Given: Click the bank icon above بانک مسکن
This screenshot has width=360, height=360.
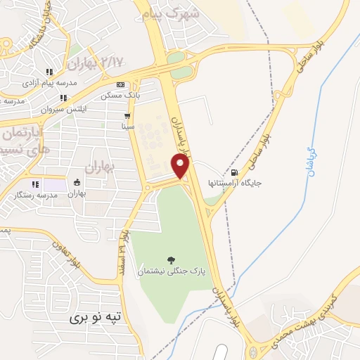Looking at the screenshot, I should pyautogui.click(x=120, y=84).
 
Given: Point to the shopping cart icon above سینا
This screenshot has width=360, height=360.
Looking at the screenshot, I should pyautogui.click(x=127, y=116).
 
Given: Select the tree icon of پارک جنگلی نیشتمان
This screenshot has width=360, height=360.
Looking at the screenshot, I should pyautogui.click(x=169, y=260).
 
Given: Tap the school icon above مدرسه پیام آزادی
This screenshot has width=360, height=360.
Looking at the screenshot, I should pyautogui.click(x=49, y=72).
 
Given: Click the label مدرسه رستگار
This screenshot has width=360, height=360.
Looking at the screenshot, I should pyautogui.click(x=37, y=195).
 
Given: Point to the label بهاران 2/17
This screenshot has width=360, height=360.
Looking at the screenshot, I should pyautogui.click(x=91, y=63).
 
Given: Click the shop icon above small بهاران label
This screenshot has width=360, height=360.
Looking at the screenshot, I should pyautogui.click(x=77, y=184).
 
